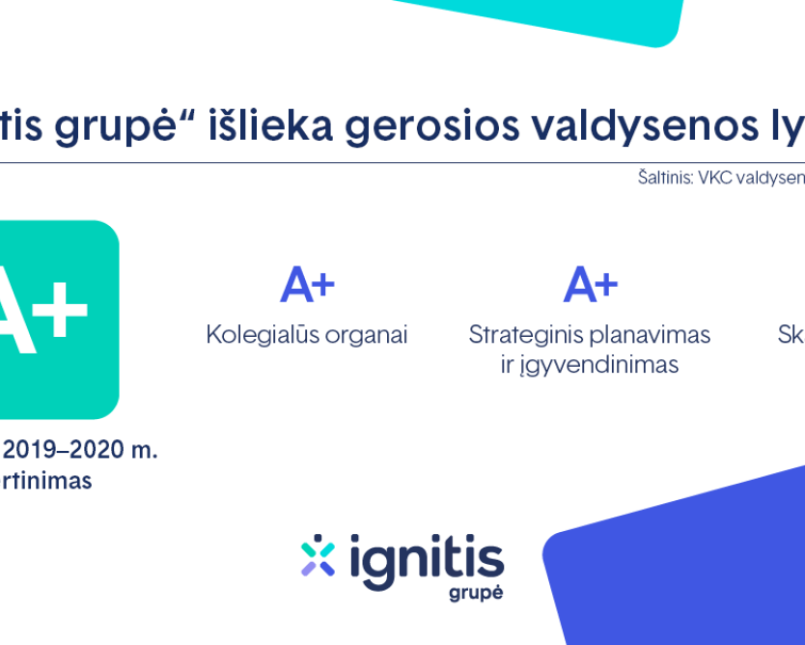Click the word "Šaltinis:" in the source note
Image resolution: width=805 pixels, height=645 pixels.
click(665, 178)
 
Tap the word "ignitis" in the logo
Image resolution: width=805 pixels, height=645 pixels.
click(426, 556)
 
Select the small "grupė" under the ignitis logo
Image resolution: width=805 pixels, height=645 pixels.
click(476, 593)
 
